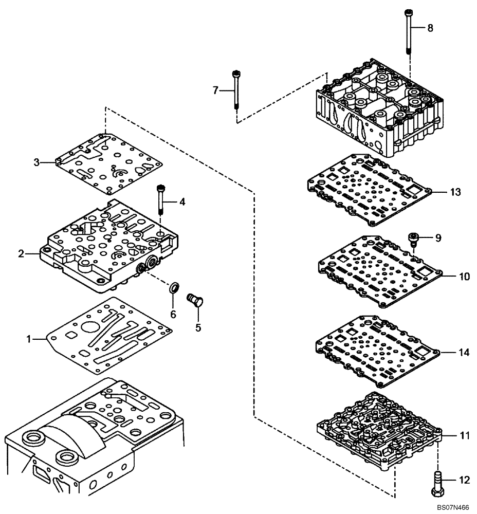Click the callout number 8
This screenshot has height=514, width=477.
click(430, 28)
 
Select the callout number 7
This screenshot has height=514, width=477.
click(215, 91)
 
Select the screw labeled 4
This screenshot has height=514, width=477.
click(161, 200)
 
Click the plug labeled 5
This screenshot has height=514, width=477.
click(196, 299)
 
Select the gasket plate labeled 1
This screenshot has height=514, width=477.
click(108, 334)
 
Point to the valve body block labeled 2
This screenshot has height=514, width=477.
click(113, 247)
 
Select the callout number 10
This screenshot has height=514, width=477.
click(464, 277)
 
